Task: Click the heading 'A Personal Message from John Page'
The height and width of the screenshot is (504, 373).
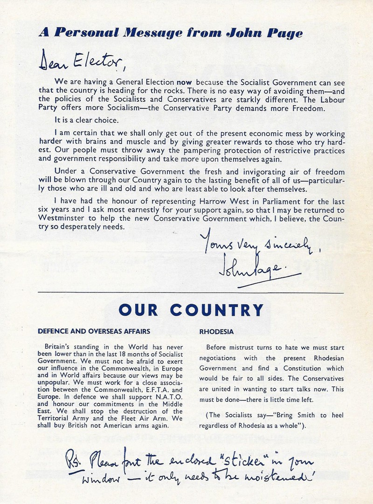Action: coord(171,33)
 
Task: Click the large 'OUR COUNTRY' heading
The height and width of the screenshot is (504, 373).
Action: coord(191,310)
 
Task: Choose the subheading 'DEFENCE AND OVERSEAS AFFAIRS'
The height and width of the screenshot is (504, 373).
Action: coord(94,332)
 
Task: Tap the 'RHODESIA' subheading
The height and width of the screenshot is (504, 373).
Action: coord(215,332)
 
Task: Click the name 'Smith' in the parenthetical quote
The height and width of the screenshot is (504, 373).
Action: coord(308,415)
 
